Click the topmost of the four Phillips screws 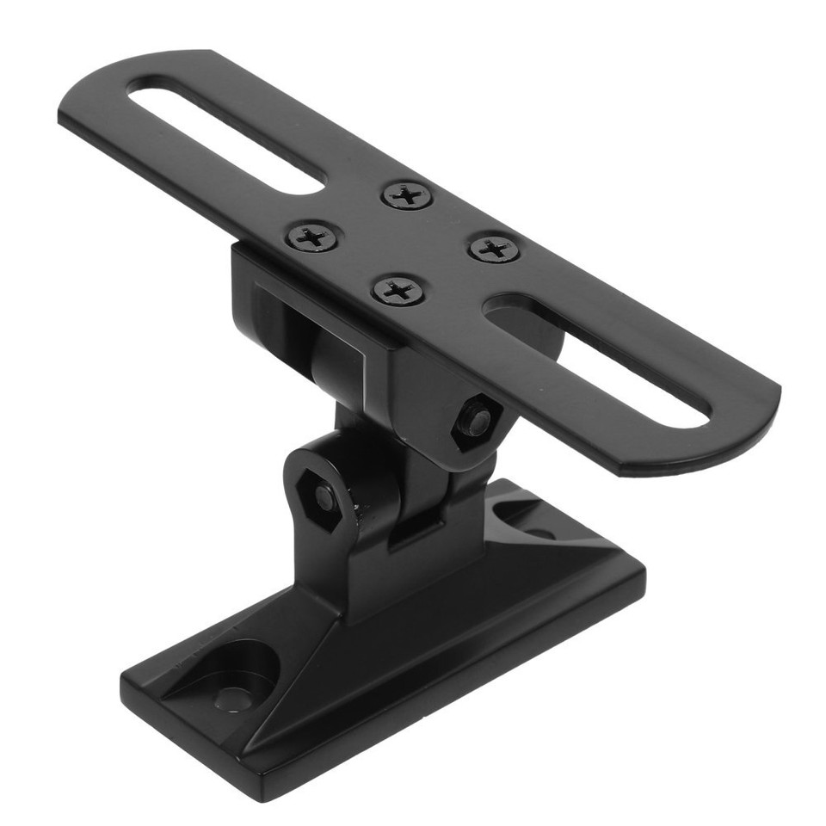pos(408,195)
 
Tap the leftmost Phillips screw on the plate pos(312,236)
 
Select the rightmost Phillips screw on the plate pos(495,250)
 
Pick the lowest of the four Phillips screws pos(398,290)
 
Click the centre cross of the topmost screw pos(408,195)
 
